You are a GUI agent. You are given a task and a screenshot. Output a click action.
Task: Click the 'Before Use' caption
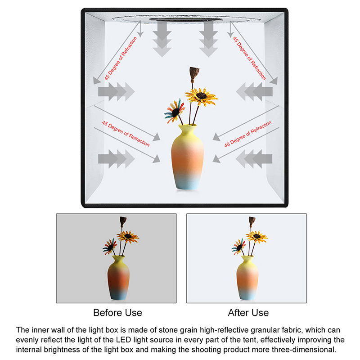[x=117, y=313]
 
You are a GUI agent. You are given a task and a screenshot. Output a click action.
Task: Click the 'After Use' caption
[x=248, y=313]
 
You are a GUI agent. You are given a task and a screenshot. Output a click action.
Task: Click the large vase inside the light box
[x=187, y=157]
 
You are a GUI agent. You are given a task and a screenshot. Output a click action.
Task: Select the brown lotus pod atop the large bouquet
[x=194, y=73]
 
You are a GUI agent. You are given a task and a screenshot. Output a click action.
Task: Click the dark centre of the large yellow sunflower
[x=201, y=95]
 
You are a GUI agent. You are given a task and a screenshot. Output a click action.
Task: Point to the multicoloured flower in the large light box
[x=175, y=111]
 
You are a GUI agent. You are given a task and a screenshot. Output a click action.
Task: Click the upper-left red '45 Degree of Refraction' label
[x=121, y=58]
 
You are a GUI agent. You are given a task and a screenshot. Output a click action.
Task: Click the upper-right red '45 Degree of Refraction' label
[x=249, y=58]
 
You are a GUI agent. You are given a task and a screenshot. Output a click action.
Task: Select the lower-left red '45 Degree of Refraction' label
[x=126, y=133]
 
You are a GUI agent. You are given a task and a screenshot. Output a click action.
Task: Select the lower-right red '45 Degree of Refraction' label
[x=248, y=134]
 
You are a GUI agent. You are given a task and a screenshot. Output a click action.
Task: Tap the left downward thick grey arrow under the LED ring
[x=162, y=39]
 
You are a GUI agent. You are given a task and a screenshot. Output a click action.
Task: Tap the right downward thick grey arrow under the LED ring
[x=208, y=39]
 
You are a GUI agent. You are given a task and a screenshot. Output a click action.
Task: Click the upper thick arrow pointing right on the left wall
[x=117, y=92]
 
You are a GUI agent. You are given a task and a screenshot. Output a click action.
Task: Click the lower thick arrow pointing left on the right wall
[x=254, y=159]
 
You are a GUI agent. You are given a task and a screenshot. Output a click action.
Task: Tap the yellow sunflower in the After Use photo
[x=256, y=237]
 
